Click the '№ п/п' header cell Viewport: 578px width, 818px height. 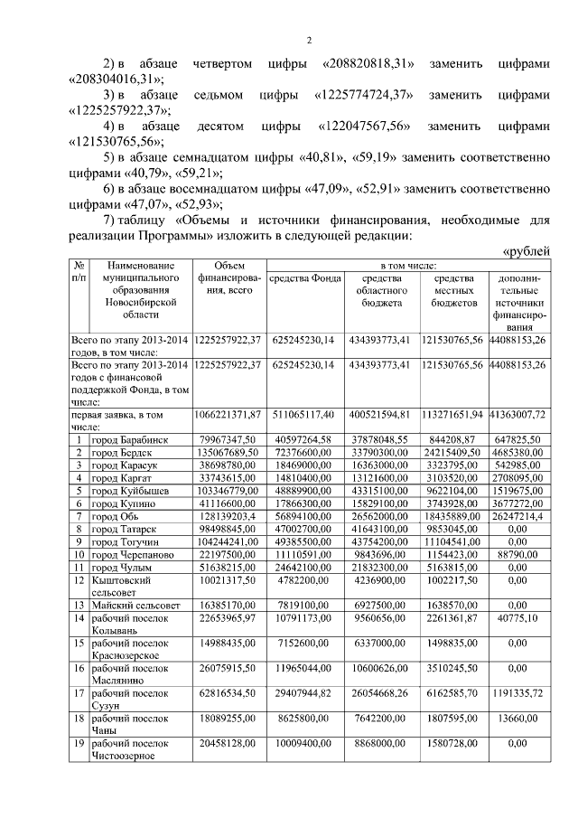[x=79, y=272]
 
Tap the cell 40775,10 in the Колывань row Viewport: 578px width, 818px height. [x=517, y=619]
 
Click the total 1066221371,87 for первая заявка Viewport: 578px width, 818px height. [x=228, y=413]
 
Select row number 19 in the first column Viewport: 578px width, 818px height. [x=79, y=742]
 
